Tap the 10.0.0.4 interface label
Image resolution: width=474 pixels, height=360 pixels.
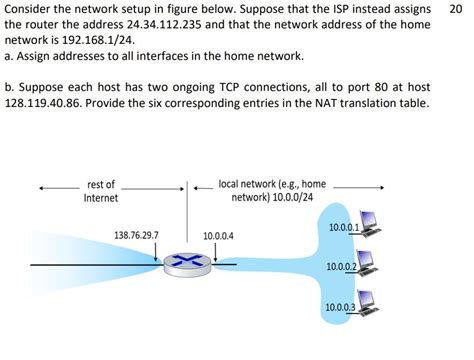coord(217,236)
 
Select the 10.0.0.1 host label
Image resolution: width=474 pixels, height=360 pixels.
coord(343,228)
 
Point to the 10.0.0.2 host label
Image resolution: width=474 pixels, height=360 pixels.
coord(341,266)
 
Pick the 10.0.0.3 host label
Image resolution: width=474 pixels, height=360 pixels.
coord(340,305)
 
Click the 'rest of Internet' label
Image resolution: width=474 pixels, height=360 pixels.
coord(101,191)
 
